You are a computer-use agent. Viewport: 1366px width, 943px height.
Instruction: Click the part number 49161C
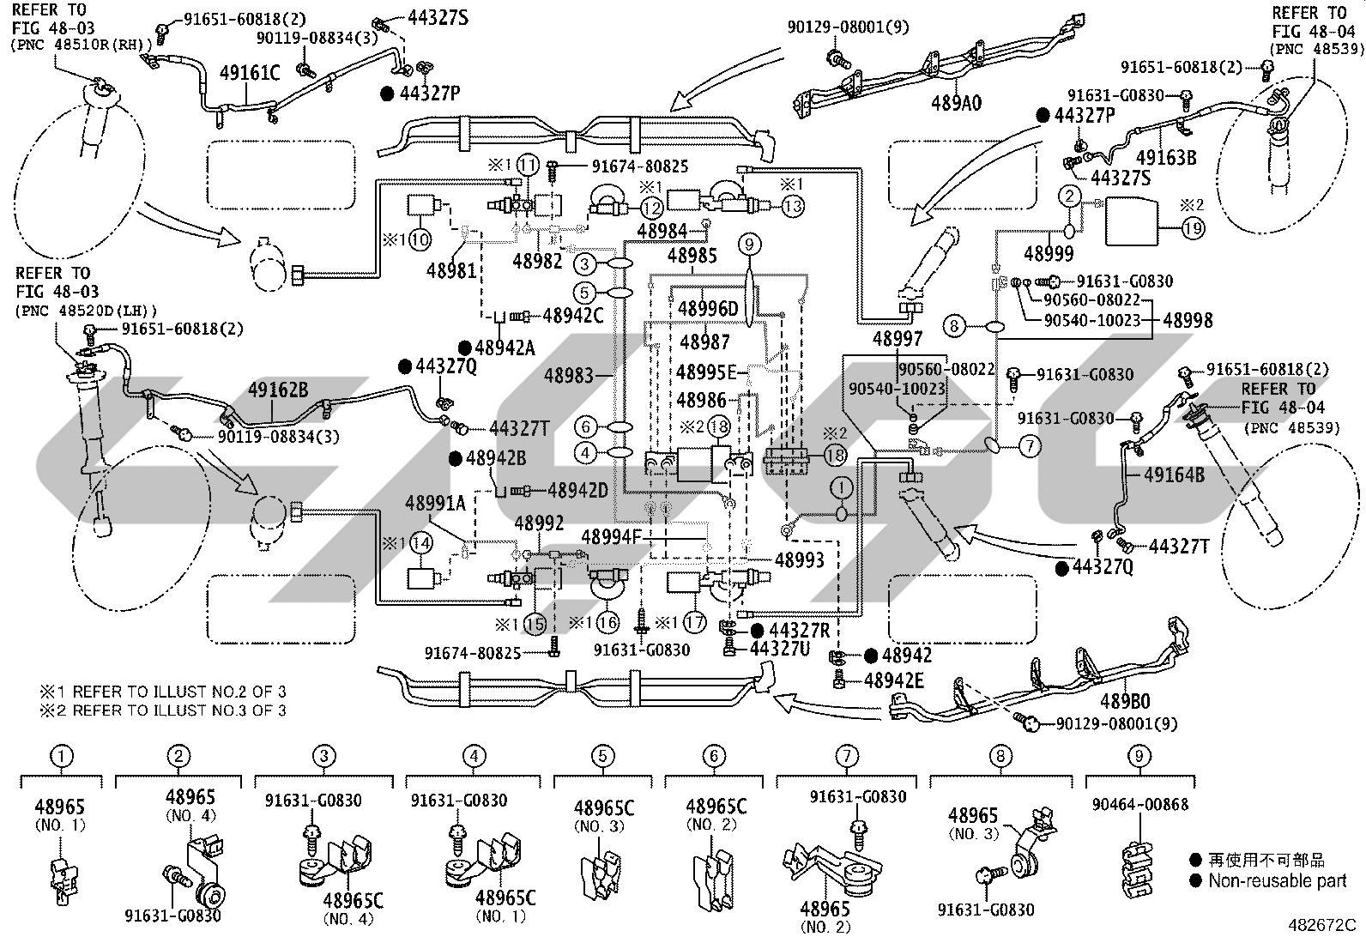(x=250, y=74)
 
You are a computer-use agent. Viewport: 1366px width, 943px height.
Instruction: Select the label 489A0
(x=956, y=103)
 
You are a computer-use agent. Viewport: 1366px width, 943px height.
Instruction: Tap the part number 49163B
(x=1166, y=157)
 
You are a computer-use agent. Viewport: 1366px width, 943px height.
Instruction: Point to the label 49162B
(x=278, y=390)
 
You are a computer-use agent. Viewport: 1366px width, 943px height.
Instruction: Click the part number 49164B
(x=1174, y=475)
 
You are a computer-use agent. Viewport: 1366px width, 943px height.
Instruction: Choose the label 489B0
(x=1125, y=701)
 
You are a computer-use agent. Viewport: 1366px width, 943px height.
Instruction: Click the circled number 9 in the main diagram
(x=749, y=245)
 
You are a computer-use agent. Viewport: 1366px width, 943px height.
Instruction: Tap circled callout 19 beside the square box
(x=1193, y=228)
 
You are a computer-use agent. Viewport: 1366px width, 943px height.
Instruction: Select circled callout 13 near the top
(x=792, y=206)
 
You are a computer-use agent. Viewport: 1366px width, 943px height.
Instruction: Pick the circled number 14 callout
(x=421, y=543)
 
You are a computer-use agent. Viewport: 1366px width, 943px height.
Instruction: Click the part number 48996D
(x=707, y=309)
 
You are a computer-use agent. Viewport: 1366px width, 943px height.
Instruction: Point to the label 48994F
(x=612, y=537)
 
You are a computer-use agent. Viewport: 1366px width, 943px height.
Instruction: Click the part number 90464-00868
(x=1139, y=804)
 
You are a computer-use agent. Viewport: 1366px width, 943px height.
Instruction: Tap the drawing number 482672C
(x=1321, y=925)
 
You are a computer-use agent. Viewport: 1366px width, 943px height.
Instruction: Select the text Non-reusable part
(x=1277, y=880)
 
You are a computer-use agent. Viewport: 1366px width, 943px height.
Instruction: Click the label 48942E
(x=893, y=680)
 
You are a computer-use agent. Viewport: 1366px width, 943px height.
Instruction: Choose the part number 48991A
(x=435, y=503)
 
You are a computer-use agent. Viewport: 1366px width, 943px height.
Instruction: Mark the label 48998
(x=1188, y=320)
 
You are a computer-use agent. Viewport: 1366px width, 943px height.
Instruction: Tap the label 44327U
(x=780, y=649)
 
